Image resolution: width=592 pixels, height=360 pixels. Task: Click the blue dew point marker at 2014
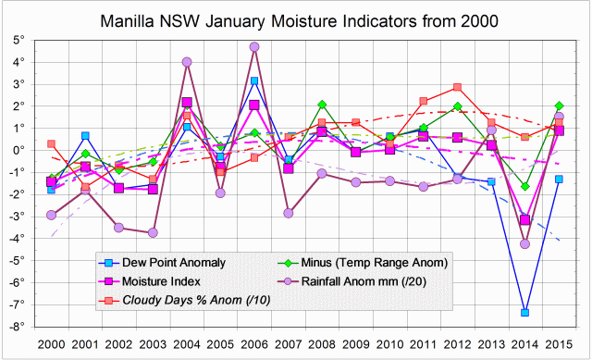tap(524, 313)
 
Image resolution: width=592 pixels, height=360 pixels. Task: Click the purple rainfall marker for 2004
tap(187, 62)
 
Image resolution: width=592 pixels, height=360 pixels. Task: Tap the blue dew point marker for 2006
tap(254, 81)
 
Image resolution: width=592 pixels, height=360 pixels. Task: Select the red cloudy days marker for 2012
tap(457, 88)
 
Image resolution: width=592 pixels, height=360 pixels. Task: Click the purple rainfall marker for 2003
tap(153, 232)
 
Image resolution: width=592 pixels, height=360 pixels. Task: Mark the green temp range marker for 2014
tap(524, 186)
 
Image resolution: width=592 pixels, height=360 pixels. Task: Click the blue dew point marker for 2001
tap(85, 136)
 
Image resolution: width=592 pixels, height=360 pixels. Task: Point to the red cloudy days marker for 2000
tap(51, 143)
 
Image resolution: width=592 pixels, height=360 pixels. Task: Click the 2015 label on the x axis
tap(558, 343)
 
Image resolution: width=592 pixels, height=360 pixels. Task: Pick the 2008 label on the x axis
tap(322, 343)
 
